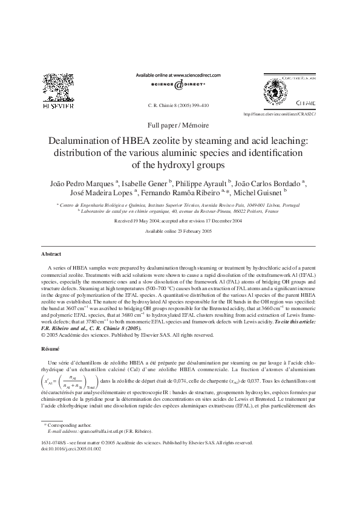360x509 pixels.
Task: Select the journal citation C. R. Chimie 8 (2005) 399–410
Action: pos(178,105)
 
